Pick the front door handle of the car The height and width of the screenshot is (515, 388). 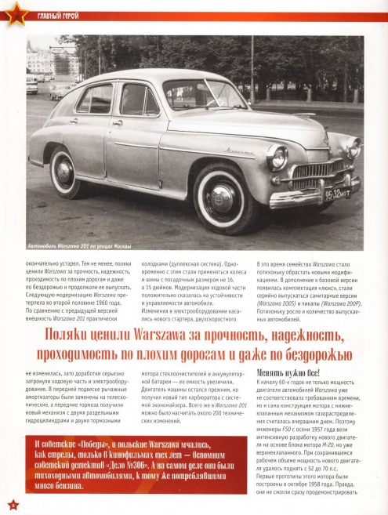point(117,121)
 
